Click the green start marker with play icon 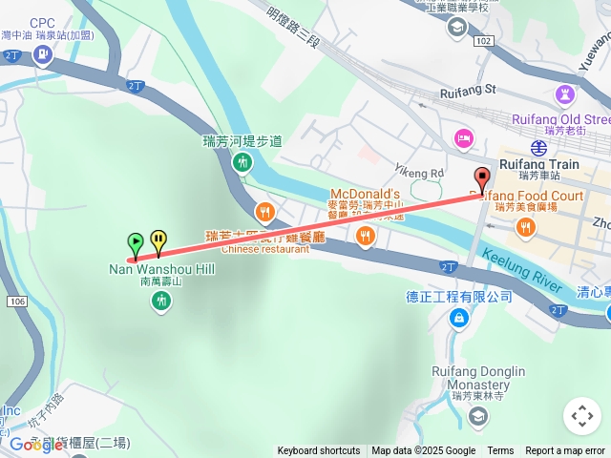136,242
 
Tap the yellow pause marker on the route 158,240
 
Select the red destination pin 482,177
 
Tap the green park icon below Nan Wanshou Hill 161,302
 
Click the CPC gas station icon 42,53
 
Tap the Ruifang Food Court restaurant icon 525,226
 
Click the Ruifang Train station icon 539,148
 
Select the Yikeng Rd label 419,173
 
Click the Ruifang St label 469,91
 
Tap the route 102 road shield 484,41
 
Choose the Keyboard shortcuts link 318,450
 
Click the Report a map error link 565,450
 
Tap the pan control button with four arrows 582,416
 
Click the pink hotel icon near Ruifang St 463,137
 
